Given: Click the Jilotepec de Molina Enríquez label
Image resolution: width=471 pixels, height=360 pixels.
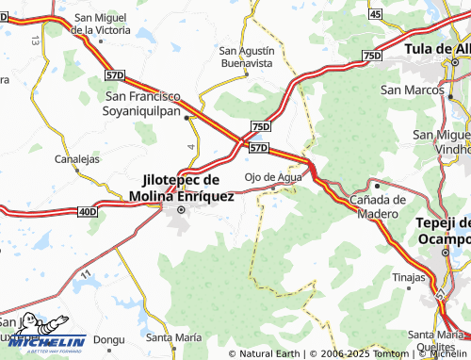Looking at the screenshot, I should (181, 187).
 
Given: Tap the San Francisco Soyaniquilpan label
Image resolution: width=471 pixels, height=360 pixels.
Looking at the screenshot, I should (156, 103).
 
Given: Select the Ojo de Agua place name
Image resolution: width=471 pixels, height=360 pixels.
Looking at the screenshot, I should (273, 176).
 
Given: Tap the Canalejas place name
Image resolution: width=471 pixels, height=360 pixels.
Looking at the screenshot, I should (77, 159).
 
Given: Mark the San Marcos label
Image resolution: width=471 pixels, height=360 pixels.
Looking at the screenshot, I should (406, 90).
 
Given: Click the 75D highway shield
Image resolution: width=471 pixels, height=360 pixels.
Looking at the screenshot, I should (261, 126).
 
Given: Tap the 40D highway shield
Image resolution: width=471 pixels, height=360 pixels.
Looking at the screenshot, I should (88, 212).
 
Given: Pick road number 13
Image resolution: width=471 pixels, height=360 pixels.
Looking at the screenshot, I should (35, 41).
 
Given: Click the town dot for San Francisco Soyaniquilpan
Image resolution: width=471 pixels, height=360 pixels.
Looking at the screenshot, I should (187, 118).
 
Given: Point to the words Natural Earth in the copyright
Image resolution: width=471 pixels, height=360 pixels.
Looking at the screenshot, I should (269, 353).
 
